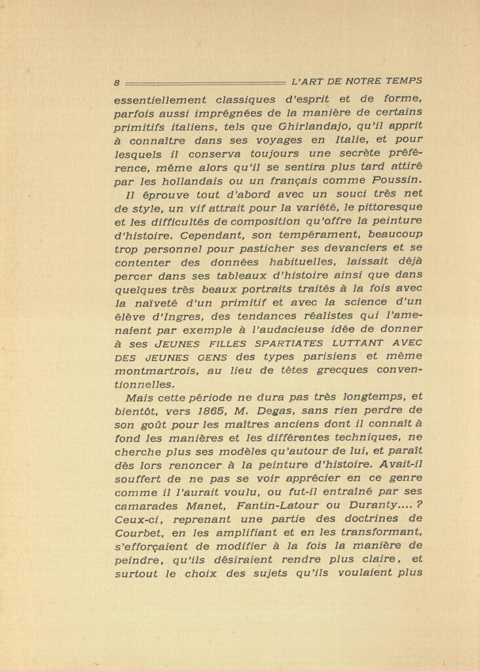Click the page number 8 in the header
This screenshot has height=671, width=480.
click(116, 83)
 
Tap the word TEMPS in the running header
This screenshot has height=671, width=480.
click(404, 82)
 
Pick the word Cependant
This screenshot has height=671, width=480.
click(190, 235)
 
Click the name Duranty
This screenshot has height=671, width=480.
click(373, 508)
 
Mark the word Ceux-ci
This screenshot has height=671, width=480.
click(136, 522)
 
